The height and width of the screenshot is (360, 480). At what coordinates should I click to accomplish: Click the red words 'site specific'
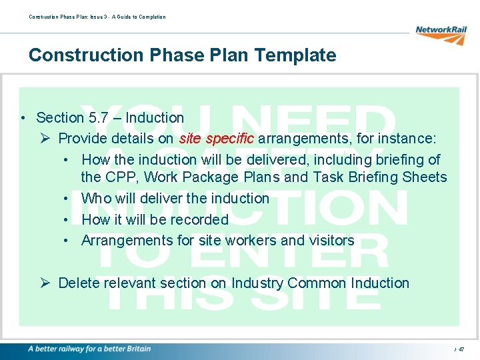tap(217, 139)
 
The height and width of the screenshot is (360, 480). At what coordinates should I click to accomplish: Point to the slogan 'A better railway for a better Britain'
tap(89, 349)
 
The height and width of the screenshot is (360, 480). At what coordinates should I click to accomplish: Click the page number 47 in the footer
tap(461, 349)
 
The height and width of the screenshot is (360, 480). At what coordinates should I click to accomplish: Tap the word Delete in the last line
tap(79, 283)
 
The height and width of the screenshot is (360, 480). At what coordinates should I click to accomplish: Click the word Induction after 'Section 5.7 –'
tap(155, 118)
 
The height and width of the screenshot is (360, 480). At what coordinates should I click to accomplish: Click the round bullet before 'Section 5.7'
tap(23, 119)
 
